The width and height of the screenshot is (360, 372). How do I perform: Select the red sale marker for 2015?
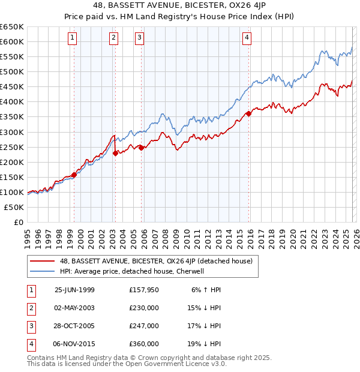coord(248,113)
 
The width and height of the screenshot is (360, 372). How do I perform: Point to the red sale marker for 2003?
coord(115,153)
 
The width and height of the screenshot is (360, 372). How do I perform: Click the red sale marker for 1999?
coord(74,175)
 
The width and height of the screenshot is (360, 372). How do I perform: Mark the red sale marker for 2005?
coord(142,148)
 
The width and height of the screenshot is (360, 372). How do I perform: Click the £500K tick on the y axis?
coord(12,71)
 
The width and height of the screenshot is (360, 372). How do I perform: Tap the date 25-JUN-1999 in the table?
coord(74,290)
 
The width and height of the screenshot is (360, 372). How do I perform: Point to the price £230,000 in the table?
coord(144,308)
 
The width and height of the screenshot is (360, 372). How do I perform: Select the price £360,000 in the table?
coord(144,344)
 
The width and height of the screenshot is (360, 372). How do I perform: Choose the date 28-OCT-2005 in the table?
coord(74,326)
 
